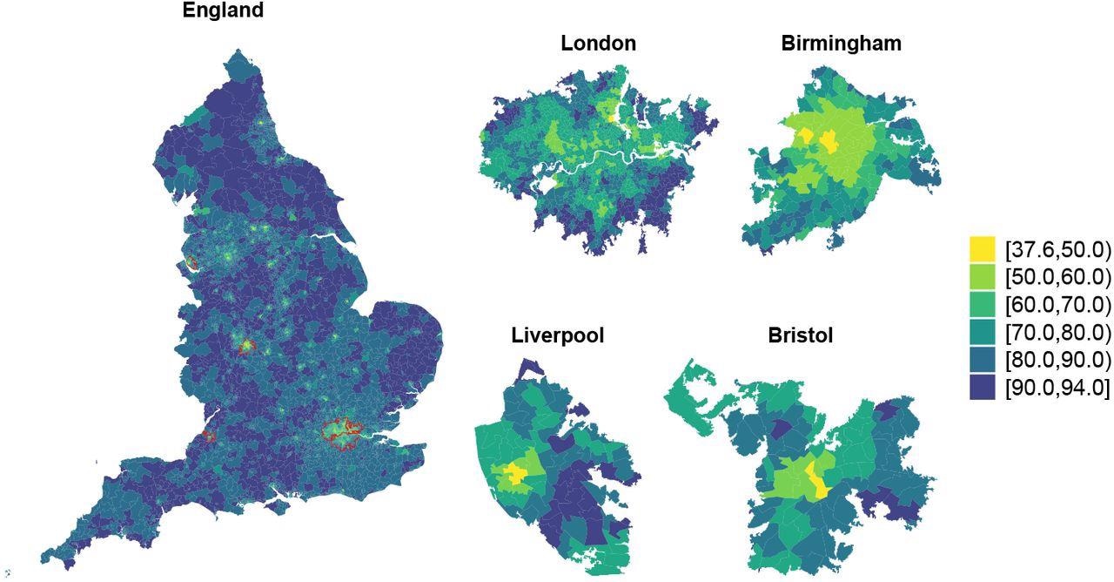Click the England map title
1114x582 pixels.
(x=223, y=11)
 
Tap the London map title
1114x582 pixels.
(x=598, y=43)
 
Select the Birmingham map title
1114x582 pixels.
(x=841, y=43)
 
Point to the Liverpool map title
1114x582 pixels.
(x=557, y=335)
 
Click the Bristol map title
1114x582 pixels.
(x=800, y=335)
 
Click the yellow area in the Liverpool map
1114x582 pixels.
(x=513, y=475)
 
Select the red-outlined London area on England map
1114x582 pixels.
(x=340, y=433)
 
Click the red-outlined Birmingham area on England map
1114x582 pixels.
(x=246, y=346)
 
